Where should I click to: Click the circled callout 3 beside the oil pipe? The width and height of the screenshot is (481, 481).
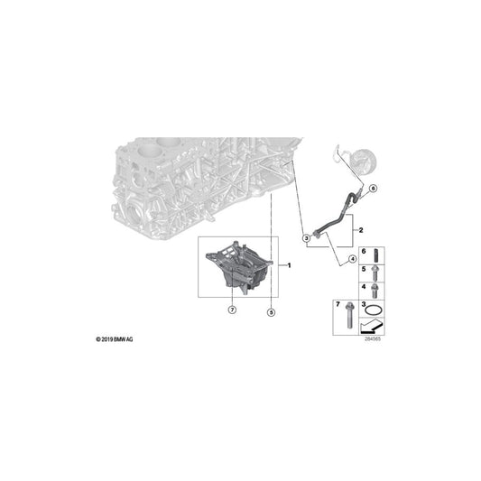pos(306,238)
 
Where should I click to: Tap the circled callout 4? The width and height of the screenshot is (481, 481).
pos(353,259)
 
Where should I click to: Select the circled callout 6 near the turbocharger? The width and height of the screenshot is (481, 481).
pos(373,189)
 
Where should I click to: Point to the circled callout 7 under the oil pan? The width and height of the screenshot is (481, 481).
pos(232,310)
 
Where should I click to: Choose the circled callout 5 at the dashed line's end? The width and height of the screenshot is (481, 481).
pos(271,312)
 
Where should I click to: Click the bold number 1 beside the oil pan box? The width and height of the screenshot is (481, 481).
pos(289,265)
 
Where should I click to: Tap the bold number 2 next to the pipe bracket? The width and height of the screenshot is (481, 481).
pos(361,230)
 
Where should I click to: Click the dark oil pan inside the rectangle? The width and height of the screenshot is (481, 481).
pos(239,268)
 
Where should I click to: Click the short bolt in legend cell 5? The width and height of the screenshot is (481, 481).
pos(375,273)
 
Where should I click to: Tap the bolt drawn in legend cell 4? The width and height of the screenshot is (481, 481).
pos(375,291)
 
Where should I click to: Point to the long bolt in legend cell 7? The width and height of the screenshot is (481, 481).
pos(349,315)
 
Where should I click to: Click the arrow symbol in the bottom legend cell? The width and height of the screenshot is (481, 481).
pos(372,326)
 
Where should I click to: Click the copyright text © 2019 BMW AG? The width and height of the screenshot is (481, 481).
pos(115,339)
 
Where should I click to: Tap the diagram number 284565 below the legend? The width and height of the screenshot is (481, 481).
pos(373,339)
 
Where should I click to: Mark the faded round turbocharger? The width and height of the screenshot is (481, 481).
pos(364,162)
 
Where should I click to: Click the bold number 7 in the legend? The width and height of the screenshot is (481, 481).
pos(338,304)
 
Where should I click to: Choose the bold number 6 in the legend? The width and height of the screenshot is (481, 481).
pos(364,251)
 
